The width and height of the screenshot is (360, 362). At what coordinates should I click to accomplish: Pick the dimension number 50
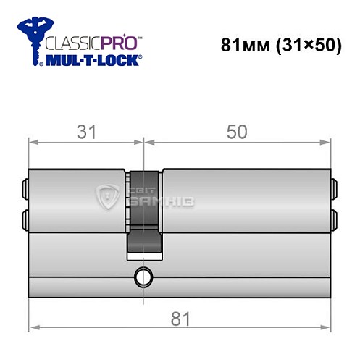point(236,131)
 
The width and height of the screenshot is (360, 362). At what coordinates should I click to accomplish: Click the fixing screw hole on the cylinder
point(142,276)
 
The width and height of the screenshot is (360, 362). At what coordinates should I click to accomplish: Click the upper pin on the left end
point(26,189)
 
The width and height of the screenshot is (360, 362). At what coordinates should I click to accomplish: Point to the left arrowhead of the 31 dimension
point(33,143)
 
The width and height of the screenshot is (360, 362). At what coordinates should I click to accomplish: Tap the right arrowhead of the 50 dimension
point(327,143)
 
